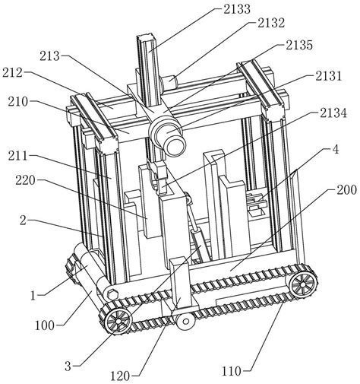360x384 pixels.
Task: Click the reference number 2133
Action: pos(237,9)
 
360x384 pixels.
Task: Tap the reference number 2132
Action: pos(272,23)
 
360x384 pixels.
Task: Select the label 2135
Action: pos(299,45)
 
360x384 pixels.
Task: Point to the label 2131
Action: pos(328,76)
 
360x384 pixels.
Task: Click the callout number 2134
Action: pos(333,113)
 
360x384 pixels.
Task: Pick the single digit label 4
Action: pos(336,150)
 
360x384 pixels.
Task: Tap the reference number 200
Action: pos(346,189)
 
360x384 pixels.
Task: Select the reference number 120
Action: pos(120,376)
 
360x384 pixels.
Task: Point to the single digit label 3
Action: pos(68,366)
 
